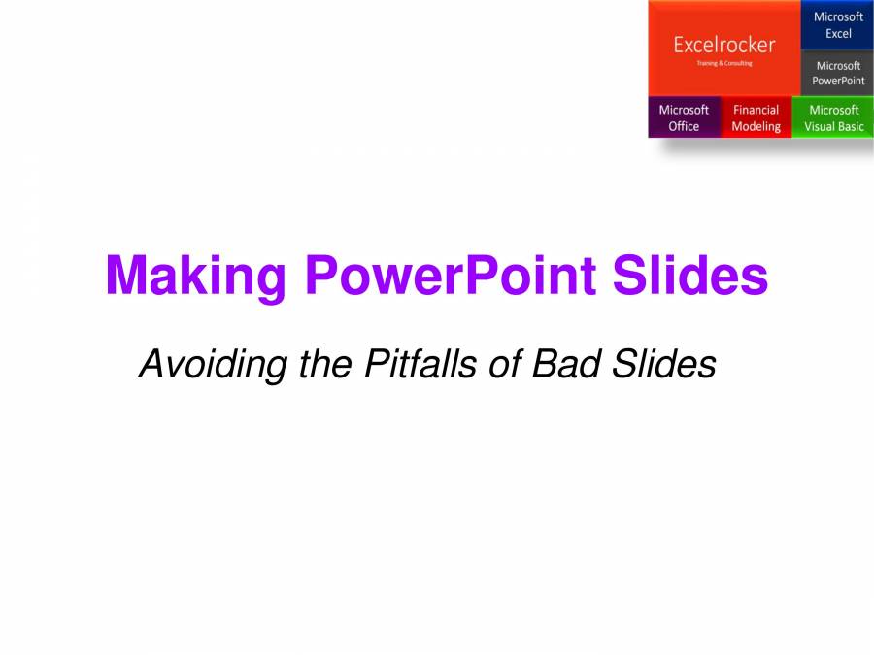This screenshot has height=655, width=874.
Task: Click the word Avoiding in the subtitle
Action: pyautogui.click(x=199, y=366)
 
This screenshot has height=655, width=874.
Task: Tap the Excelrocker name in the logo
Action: pyautogui.click(x=724, y=46)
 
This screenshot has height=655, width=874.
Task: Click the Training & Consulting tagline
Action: pyautogui.click(x=724, y=63)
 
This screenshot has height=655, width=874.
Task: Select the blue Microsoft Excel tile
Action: pyautogui.click(x=837, y=25)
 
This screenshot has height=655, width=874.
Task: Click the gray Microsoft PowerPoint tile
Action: pyautogui.click(x=837, y=73)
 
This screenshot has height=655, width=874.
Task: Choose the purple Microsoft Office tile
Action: pyautogui.click(x=684, y=117)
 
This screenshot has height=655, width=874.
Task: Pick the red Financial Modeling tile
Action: pyautogui.click(x=756, y=117)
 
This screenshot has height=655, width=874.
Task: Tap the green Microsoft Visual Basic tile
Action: pyautogui.click(x=833, y=117)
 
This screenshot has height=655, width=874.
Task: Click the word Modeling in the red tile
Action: pyautogui.click(x=756, y=127)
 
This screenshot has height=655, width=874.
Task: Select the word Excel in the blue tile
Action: pyautogui.click(x=838, y=34)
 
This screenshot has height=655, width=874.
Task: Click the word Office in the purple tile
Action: pyautogui.click(x=684, y=127)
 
